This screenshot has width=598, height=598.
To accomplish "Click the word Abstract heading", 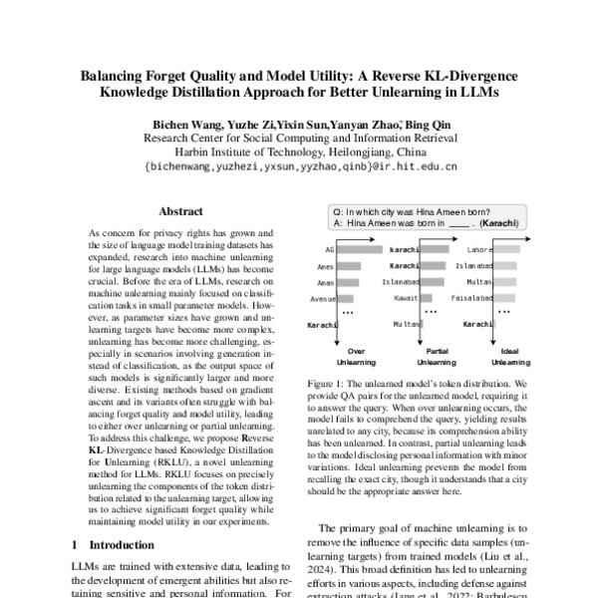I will pos(181,212).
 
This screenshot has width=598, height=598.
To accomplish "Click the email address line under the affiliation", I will pos(300,167).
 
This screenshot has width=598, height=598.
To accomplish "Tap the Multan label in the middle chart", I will pos(406,324).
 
